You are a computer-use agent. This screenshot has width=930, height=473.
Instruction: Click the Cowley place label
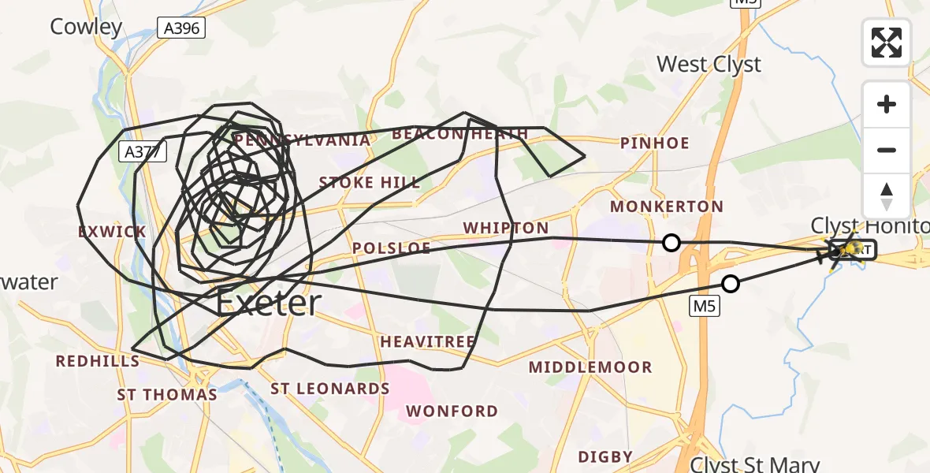87,27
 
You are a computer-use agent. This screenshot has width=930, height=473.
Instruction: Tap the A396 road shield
181,28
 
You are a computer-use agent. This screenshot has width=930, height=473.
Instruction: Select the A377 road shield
143,152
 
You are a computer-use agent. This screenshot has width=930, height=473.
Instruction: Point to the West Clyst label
709,64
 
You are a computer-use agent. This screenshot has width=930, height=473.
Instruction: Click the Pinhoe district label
654,143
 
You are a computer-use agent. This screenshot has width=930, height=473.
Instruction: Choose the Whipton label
505,228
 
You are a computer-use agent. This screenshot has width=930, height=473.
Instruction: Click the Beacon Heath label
459,134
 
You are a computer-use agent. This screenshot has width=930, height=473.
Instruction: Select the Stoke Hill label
370,183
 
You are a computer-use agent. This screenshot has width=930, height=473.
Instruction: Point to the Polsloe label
392,248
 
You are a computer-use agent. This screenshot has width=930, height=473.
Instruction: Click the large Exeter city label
269,303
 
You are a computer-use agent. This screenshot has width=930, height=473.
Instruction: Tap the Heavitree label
428,341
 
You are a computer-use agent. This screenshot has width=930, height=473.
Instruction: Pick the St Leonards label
330,389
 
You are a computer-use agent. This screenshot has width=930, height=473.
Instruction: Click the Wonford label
452,411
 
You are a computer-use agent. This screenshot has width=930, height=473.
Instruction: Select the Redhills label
98,361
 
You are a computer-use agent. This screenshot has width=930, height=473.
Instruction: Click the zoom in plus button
887,104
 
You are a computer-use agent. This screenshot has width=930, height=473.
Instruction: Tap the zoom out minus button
887,150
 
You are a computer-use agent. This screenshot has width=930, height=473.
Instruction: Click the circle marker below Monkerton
671,243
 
